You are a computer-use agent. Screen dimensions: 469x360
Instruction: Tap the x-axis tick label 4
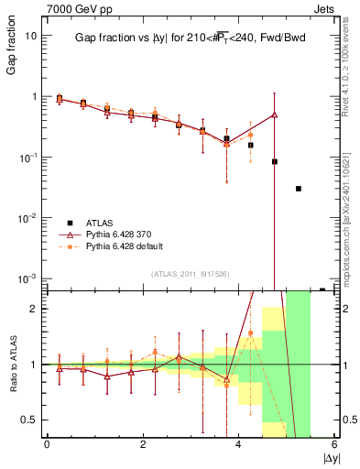point(239,444)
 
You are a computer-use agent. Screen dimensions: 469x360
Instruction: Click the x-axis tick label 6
point(335,444)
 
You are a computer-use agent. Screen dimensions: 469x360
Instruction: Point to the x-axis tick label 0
point(47,444)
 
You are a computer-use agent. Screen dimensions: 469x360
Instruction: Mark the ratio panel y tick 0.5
point(29,420)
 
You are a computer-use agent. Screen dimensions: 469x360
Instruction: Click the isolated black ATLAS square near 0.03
point(299,189)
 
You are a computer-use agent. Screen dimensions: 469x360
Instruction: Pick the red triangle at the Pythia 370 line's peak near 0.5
point(275,115)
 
